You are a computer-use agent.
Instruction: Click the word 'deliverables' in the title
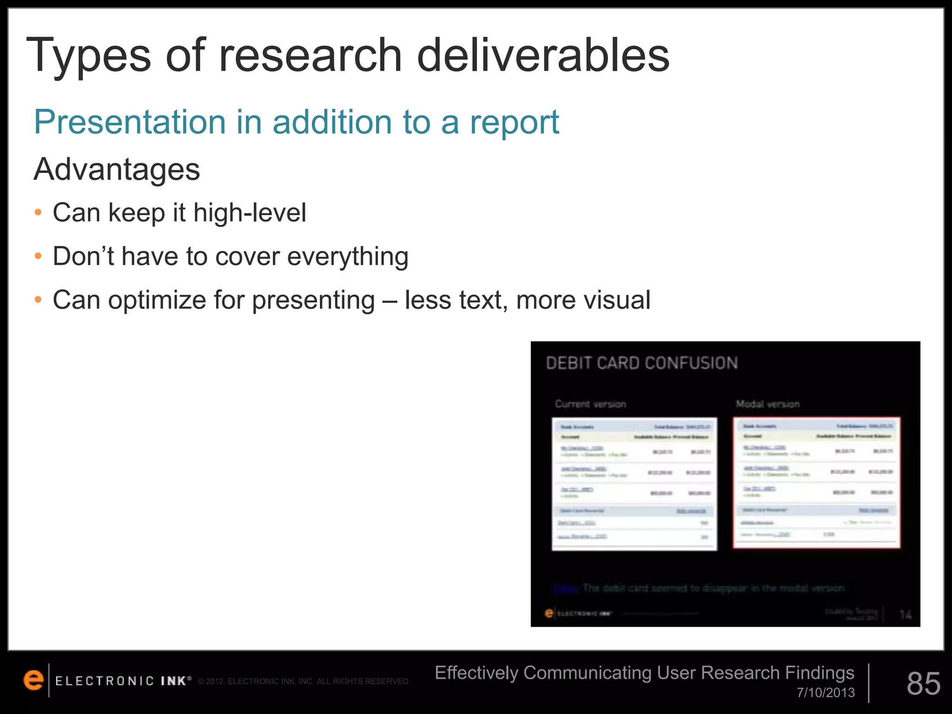(542, 56)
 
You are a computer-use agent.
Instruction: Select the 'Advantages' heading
(117, 169)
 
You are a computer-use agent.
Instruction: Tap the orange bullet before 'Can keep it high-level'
(39, 213)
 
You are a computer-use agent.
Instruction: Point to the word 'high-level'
(250, 213)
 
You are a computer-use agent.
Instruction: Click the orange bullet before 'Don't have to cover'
(39, 256)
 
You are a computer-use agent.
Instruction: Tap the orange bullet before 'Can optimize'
(39, 300)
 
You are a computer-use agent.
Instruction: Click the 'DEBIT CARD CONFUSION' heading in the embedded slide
(641, 363)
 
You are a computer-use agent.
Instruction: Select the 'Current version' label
(590, 404)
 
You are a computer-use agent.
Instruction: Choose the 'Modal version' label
(767, 404)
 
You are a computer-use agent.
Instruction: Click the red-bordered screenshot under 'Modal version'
(817, 483)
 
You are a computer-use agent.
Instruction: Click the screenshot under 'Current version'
(634, 484)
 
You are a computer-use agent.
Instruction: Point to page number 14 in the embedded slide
(905, 615)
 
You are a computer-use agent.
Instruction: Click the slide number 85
(923, 683)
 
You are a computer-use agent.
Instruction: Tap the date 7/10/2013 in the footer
(826, 693)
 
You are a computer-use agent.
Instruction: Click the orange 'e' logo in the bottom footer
(33, 681)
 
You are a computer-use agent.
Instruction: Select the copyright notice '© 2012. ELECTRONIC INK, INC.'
(304, 681)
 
